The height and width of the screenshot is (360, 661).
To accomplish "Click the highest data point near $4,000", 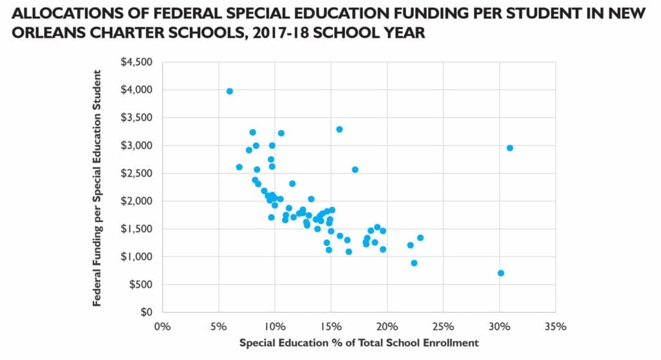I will tap(229, 91).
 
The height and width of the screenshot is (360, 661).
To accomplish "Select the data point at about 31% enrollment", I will tap(509, 148).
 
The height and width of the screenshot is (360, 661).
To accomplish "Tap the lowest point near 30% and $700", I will tap(500, 273).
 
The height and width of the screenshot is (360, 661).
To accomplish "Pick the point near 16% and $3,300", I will tap(340, 129).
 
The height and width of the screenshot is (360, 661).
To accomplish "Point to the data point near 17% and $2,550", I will tap(354, 170).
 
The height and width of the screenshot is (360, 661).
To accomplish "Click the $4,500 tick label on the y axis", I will tap(137, 62).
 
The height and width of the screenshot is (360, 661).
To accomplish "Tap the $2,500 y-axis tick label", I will tap(137, 174).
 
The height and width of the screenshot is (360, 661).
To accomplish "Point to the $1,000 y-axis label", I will tap(137, 257).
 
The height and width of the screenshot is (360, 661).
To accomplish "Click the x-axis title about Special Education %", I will tap(359, 343).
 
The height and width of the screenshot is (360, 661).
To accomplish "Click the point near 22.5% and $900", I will tap(414, 263).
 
